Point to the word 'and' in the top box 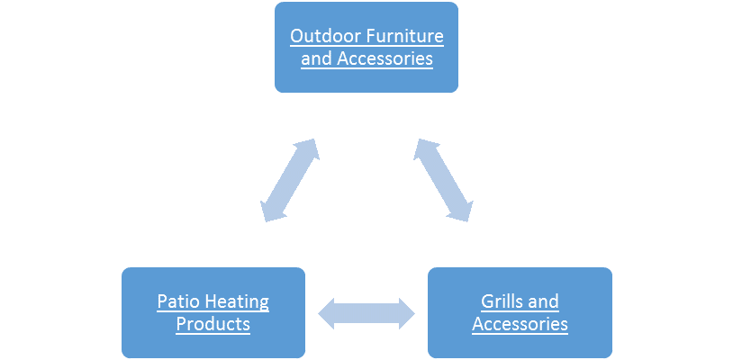pos(314,60)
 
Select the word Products pos(213,324)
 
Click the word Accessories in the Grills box pos(520,324)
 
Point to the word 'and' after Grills pos(543,301)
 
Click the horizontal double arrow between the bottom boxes pos(366,312)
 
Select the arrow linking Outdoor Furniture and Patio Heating pos(288,180)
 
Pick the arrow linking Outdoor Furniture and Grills pos(442,180)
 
